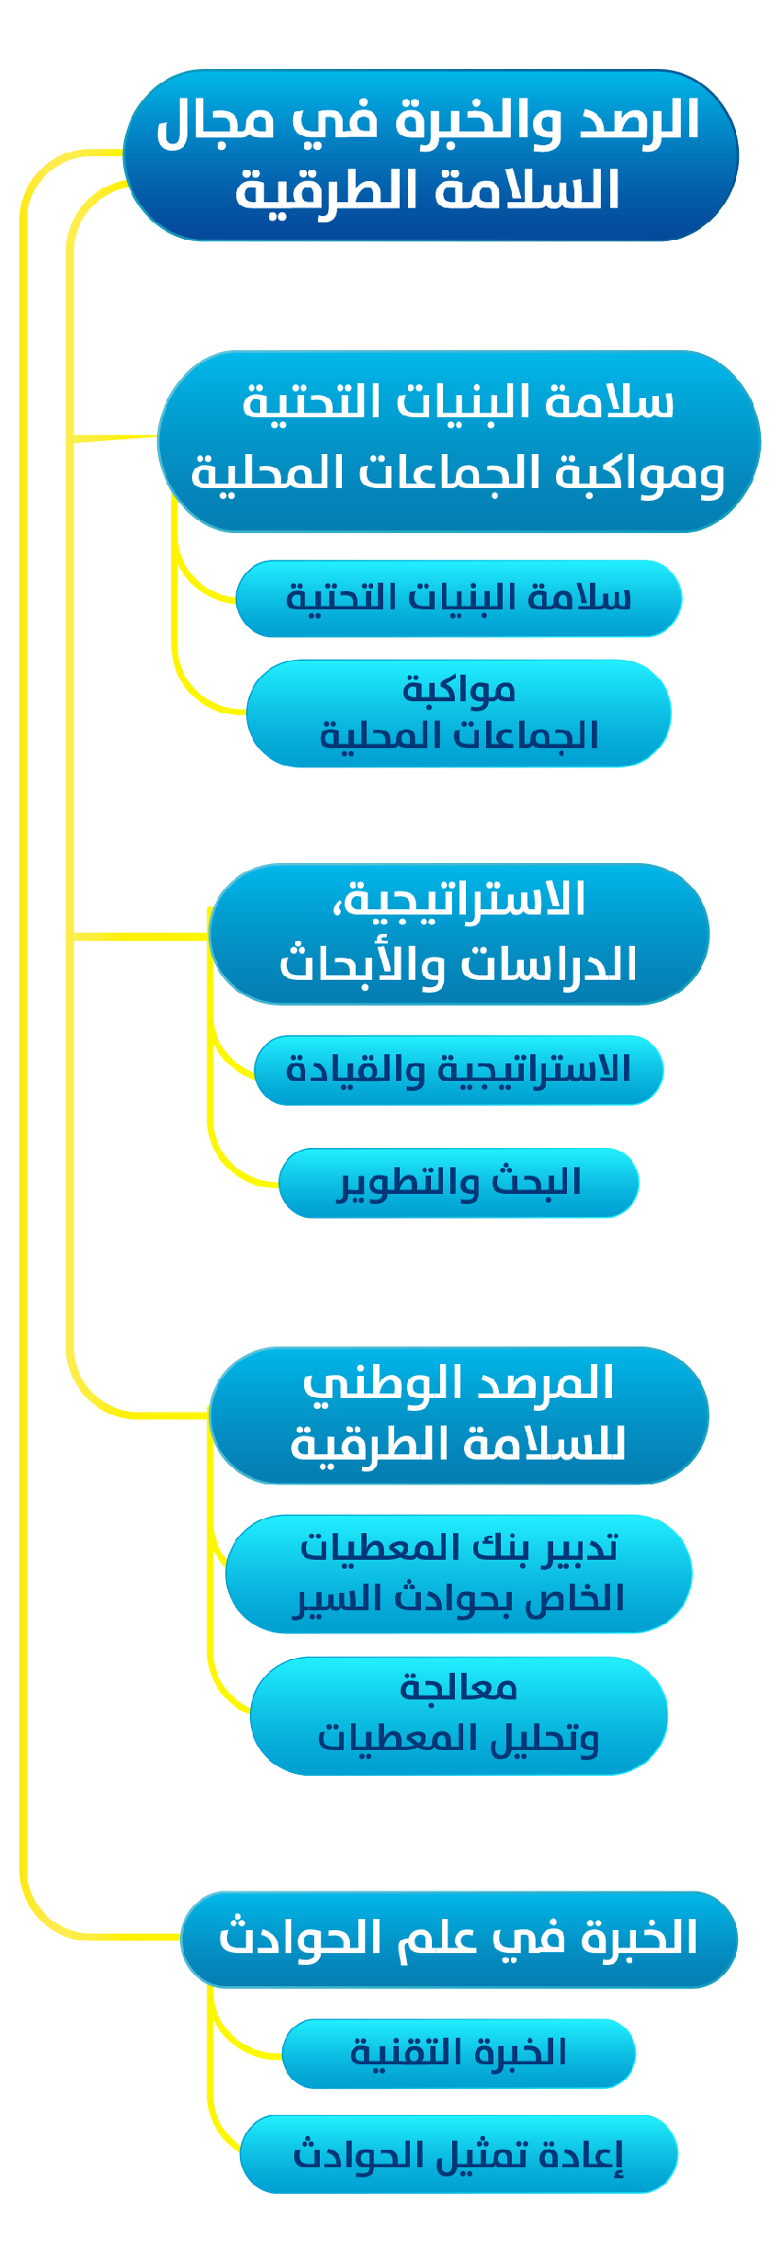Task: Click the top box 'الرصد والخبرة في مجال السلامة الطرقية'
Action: pos(430,154)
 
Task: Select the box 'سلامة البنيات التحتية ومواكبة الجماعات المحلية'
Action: pos(459,440)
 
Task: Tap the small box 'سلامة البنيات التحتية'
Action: pos(459,598)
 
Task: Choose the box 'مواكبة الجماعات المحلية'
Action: pos(459,713)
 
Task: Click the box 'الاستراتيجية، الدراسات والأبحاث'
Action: pos(459,933)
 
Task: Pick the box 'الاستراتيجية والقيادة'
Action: pos(459,1070)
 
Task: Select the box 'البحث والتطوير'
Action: pos(459,1183)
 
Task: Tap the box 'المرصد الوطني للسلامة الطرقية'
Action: pos(459,1415)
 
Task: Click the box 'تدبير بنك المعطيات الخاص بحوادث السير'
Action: pos(459,1574)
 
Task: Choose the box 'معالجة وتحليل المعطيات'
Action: pos(459,1715)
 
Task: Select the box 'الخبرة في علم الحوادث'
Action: pos(459,1938)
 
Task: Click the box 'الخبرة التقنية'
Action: pos(459,2053)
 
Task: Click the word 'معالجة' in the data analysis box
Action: pos(459,1688)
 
